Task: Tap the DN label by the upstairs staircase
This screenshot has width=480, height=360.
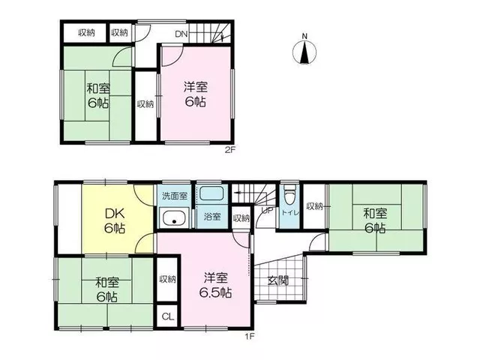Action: (181, 34)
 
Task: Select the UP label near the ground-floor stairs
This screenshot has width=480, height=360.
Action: (267, 210)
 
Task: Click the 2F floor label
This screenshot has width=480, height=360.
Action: (230, 150)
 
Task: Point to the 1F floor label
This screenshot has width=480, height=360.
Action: (250, 337)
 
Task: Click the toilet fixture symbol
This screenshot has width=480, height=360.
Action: (289, 195)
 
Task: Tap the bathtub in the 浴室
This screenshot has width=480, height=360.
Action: (211, 193)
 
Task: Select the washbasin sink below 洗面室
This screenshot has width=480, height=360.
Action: (175, 217)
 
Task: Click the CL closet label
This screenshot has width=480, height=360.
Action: (167, 316)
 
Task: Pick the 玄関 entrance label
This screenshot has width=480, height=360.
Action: (278, 280)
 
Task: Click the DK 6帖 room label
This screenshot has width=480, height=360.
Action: (115, 220)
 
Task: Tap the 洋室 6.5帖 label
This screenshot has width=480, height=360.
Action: (215, 285)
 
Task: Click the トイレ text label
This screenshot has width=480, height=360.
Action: (290, 213)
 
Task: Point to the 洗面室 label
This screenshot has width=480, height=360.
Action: (175, 196)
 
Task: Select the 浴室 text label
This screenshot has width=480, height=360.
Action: (212, 217)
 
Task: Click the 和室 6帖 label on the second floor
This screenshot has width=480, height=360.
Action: (98, 95)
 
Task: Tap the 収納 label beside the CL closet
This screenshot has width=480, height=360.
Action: (167, 279)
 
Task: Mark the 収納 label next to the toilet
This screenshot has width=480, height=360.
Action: (315, 206)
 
